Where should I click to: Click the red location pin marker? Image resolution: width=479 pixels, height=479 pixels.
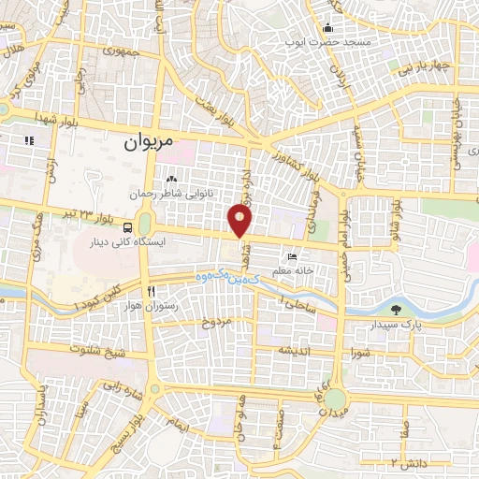240,221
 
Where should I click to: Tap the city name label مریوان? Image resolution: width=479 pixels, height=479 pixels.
150,145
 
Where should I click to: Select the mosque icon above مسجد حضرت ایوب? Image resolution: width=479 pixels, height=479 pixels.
328,28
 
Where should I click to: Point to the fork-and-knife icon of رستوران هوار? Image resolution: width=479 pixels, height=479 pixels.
151,290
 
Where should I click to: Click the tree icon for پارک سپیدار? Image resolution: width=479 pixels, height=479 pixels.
396,309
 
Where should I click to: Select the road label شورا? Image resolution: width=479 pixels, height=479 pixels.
363,353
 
